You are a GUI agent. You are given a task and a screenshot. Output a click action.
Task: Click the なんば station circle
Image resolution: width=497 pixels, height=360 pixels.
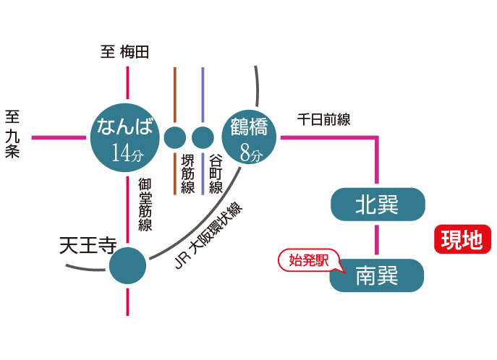[x=127, y=137]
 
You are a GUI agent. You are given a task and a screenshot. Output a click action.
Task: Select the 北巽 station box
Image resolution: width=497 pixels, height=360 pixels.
[x=377, y=205]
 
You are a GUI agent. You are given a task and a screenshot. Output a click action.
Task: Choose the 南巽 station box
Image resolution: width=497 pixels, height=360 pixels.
[x=377, y=275]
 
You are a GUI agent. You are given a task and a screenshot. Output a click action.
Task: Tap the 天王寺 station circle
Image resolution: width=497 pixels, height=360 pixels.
[x=127, y=265]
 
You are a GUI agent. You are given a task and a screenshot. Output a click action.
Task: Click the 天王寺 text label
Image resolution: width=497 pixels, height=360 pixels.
[x=87, y=247]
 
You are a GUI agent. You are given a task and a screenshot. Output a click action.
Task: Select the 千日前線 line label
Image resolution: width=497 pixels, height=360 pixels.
[x=323, y=120]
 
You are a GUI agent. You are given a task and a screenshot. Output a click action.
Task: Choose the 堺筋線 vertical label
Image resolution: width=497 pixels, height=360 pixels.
[x=187, y=174]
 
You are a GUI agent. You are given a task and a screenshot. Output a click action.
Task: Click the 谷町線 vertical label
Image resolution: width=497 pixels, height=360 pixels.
[x=216, y=174]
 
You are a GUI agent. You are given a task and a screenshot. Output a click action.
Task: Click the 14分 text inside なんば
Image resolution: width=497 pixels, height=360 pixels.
[x=127, y=153]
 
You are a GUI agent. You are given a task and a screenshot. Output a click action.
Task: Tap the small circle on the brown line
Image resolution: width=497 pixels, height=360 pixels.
[x=175, y=137]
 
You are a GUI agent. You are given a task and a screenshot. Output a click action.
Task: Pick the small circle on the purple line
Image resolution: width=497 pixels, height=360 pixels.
[x=203, y=137]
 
